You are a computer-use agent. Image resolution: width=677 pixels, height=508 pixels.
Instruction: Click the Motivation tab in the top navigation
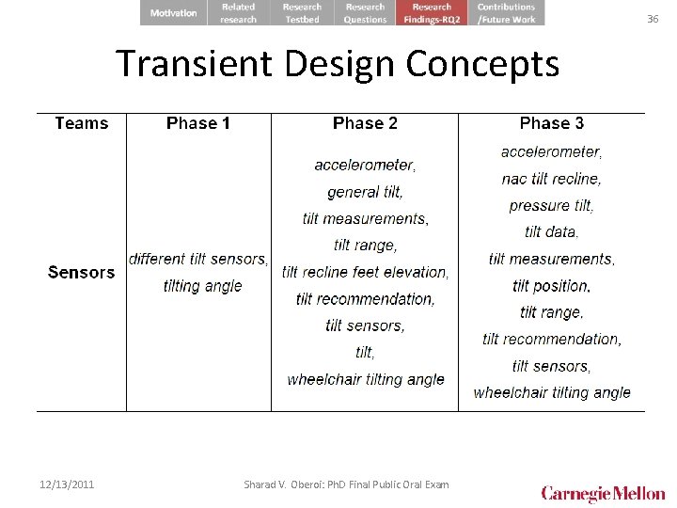coord(174,13)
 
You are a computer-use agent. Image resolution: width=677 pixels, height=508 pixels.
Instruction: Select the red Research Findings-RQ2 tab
coord(432,13)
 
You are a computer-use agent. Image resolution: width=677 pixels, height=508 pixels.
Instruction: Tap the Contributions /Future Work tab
coord(506,13)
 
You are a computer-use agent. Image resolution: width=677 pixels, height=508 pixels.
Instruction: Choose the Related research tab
coord(238,13)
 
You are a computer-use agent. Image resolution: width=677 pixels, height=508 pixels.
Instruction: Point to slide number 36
coord(653,19)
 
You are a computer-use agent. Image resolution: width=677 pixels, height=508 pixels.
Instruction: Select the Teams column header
coord(82,123)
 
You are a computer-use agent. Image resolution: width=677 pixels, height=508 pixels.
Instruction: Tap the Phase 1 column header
coord(198,123)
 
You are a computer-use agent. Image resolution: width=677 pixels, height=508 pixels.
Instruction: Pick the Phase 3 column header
coord(552,123)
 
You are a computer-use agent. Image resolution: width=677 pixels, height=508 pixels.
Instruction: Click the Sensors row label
coord(82,273)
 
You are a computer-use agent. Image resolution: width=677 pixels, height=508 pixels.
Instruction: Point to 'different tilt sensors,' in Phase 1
coord(198,259)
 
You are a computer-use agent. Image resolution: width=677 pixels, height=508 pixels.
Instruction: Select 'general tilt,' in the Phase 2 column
coord(365,192)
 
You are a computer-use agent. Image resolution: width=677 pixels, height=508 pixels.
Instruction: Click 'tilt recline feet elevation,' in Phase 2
coord(365,272)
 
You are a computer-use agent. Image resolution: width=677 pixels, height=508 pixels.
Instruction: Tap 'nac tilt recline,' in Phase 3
coord(552,178)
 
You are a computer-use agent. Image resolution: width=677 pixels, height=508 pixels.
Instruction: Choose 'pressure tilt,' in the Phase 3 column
coord(552,205)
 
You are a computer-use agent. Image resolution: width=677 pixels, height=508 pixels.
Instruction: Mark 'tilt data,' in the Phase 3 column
coord(552,231)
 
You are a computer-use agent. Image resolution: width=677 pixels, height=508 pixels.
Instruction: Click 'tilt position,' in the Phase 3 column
coord(552,285)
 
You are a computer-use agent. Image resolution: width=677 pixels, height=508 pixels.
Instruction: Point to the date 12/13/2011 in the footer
coord(67,484)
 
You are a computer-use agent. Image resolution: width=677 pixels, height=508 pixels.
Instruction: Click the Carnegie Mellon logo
coord(603,493)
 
